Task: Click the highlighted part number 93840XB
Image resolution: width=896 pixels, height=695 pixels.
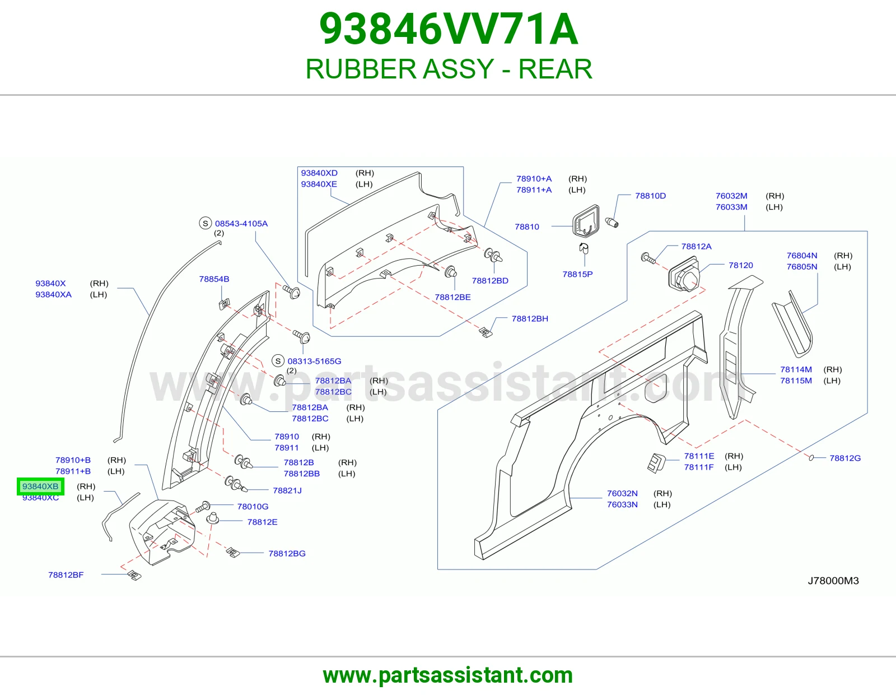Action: coord(40,486)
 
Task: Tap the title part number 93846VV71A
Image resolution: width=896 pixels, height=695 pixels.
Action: coord(449,29)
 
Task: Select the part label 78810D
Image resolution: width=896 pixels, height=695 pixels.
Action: coord(650,196)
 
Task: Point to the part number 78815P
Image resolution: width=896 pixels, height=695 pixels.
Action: coord(577,274)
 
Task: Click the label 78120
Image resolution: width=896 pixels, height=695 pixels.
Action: coord(740,265)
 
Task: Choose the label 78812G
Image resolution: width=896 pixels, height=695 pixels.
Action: coord(845,458)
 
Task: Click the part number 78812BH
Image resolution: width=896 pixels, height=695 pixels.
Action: coord(530,318)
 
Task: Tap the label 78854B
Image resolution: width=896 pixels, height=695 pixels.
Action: coord(214,279)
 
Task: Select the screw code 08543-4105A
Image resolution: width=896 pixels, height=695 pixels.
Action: coord(241,224)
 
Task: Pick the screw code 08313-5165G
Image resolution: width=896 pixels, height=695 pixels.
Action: coord(314,361)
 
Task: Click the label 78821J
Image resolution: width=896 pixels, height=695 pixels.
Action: coord(287,490)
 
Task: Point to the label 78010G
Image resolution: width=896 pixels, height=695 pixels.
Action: coord(253,506)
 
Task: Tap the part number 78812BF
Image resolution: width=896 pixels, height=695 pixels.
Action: coord(66,575)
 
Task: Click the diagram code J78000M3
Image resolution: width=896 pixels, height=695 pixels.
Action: coord(833,581)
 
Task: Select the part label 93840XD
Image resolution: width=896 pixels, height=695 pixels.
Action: coord(319,173)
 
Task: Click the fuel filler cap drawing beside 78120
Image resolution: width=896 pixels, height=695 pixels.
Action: coord(684,275)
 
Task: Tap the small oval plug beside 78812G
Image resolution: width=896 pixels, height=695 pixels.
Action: coord(811,458)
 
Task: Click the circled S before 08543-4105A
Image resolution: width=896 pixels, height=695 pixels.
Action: coord(206,223)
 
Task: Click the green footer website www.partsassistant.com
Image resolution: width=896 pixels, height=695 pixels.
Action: coord(448,675)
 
